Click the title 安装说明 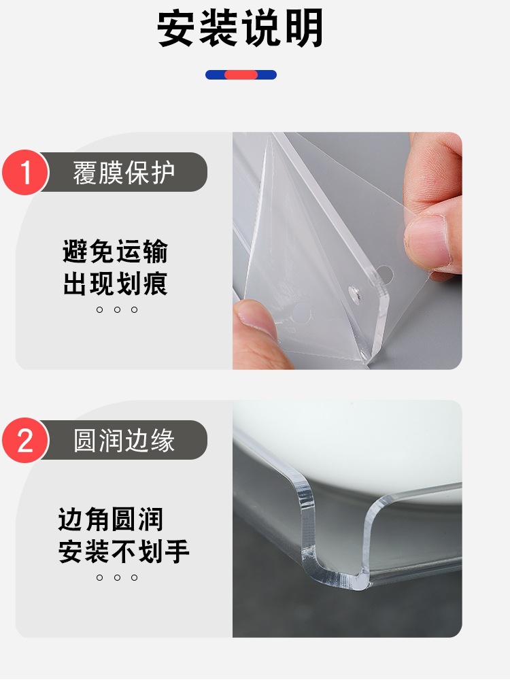click(x=240, y=28)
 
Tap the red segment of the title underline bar click(x=241, y=75)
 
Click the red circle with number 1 click(x=25, y=172)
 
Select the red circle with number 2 click(x=25, y=440)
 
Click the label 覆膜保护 click(x=124, y=173)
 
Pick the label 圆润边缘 click(x=124, y=441)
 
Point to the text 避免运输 click(x=115, y=251)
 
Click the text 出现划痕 click(x=115, y=284)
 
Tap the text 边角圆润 click(x=111, y=519)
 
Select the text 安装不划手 click(x=124, y=551)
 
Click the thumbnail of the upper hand click(x=427, y=240)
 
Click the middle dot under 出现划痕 click(x=117, y=309)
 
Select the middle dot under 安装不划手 click(x=117, y=577)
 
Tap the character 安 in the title click(x=175, y=28)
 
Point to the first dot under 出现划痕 click(x=100, y=309)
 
